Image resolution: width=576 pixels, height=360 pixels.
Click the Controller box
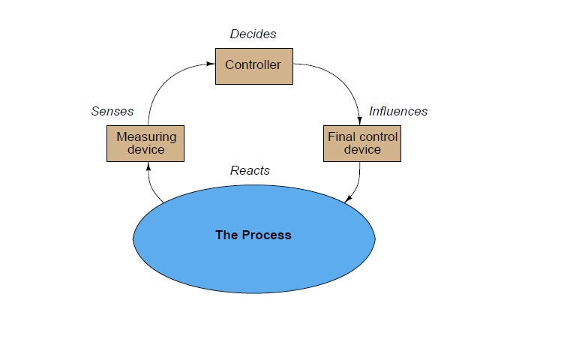click(x=253, y=66)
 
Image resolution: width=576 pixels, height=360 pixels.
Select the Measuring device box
click(x=146, y=143)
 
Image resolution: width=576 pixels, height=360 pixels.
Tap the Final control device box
click(x=362, y=143)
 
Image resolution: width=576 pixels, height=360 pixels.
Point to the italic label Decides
click(x=253, y=34)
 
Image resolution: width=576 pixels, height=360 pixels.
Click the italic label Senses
click(x=112, y=111)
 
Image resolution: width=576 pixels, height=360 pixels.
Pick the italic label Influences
click(x=398, y=111)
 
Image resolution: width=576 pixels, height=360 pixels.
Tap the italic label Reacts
click(x=250, y=170)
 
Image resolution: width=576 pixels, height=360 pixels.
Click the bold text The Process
click(x=253, y=235)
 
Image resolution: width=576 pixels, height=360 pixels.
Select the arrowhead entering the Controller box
click(x=211, y=64)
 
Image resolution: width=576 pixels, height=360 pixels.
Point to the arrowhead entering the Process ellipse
click(x=346, y=199)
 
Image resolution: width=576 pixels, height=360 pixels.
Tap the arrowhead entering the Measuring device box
click(x=148, y=166)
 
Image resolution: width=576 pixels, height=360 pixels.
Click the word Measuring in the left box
click(x=146, y=136)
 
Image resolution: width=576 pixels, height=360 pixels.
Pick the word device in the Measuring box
click(x=146, y=149)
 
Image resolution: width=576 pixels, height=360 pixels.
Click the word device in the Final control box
click(x=362, y=149)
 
